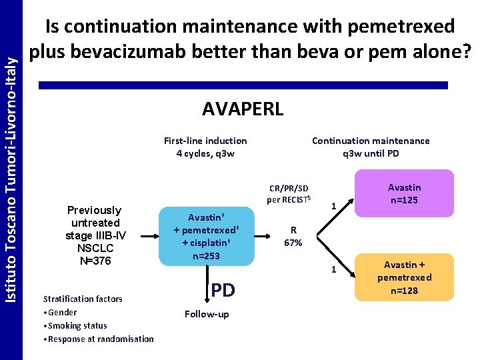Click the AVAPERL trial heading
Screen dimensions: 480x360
pos(243,109)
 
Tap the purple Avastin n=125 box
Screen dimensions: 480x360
pos(405,193)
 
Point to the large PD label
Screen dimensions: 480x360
pos(223,290)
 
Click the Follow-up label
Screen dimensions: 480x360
pos(207,314)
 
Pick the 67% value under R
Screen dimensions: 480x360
pos(293,243)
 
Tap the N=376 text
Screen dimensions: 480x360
pos(95,261)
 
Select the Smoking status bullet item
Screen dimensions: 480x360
pos(75,325)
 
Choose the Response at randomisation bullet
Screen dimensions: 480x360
pos(98,339)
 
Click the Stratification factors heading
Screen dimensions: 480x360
pos(83,299)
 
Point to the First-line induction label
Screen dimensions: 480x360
pos(205,141)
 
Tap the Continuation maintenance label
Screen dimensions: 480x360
pos(371,141)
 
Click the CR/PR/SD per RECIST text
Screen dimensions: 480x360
pos(288,193)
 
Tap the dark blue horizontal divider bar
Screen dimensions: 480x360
pos(243,85)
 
